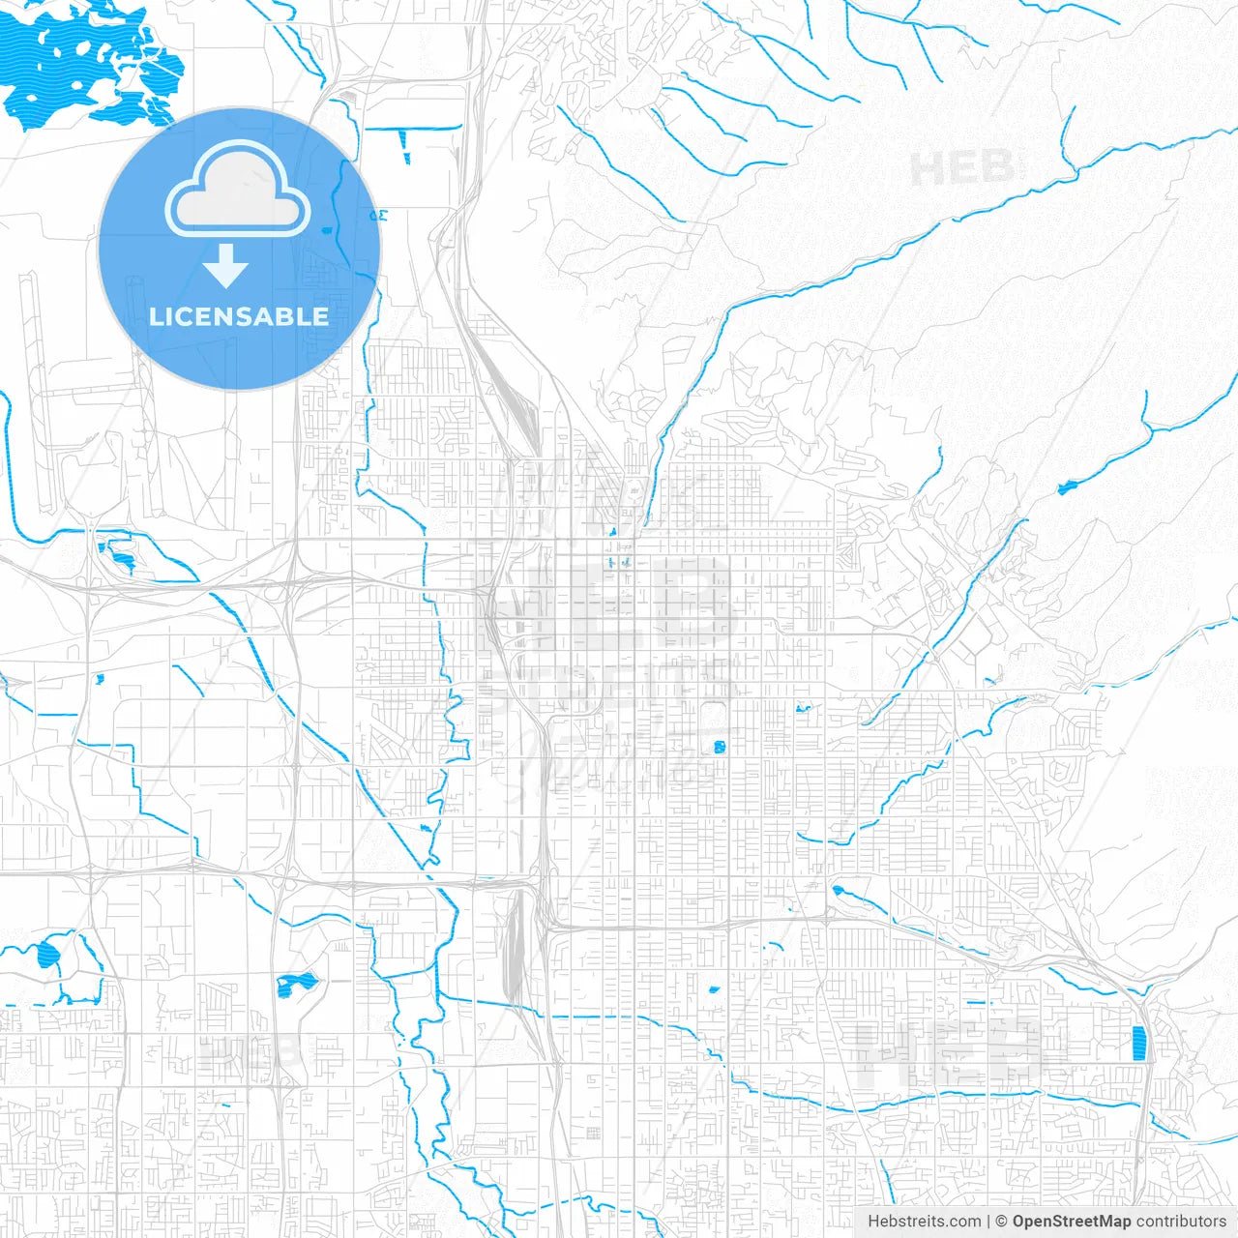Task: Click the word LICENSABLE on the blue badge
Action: (x=239, y=316)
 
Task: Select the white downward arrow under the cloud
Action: (x=226, y=266)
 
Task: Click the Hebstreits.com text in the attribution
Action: (x=924, y=1222)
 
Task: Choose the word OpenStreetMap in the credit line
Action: (x=1072, y=1222)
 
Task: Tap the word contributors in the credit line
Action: (x=1181, y=1222)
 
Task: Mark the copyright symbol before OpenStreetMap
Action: (x=1001, y=1222)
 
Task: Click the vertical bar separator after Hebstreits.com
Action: (x=988, y=1222)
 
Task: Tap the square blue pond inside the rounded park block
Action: (x=719, y=746)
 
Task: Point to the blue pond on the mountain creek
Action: (x=1067, y=486)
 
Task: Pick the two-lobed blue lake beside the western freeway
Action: (x=296, y=985)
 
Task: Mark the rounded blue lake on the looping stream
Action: (x=46, y=957)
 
